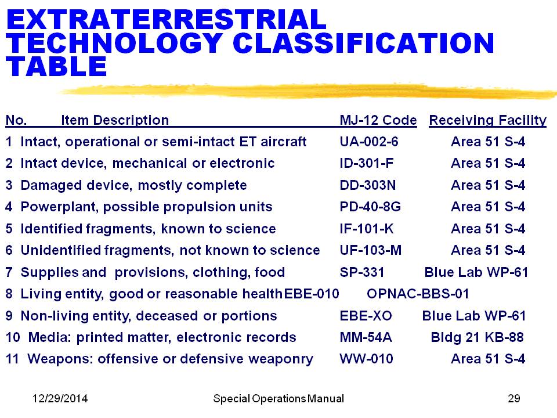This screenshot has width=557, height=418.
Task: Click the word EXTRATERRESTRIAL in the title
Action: (167, 20)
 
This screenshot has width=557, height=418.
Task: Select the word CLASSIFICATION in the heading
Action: (363, 43)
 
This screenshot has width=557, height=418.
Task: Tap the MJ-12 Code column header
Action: (378, 120)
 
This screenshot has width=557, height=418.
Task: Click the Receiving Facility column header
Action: (487, 121)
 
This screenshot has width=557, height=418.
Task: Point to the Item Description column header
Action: (115, 121)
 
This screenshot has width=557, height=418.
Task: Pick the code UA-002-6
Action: (369, 142)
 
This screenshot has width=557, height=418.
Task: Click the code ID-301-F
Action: (366, 164)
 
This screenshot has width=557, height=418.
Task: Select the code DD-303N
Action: (367, 185)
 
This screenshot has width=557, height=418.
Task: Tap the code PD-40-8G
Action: (370, 207)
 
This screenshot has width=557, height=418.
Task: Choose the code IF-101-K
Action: (366, 229)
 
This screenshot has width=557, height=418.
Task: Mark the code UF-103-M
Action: (371, 251)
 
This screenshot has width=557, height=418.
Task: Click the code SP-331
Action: (362, 272)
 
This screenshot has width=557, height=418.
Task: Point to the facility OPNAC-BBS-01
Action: (418, 294)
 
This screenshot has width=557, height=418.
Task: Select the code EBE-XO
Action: (366, 316)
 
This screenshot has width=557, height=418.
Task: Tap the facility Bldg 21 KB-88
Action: (477, 337)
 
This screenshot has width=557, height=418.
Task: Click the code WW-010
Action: (366, 359)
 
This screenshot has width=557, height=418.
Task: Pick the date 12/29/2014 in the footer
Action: (60, 398)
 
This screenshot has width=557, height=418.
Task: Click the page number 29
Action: (514, 398)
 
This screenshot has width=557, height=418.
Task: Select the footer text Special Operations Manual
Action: (278, 399)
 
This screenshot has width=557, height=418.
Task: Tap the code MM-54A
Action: (366, 338)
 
